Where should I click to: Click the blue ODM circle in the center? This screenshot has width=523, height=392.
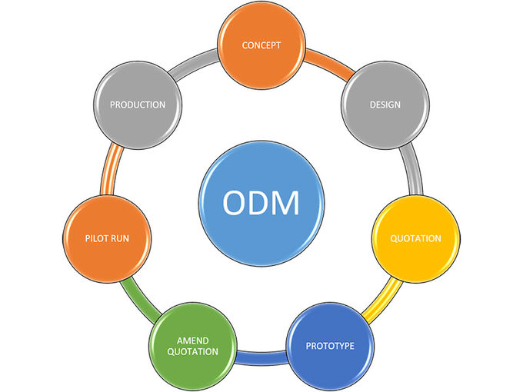261,204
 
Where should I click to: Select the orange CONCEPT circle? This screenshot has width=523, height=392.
261,45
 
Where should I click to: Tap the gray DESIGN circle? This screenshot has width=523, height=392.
385,105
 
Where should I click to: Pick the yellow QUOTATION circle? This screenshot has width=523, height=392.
416,238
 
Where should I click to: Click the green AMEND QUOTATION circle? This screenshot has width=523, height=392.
192,346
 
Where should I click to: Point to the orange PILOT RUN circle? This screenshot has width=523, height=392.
107,238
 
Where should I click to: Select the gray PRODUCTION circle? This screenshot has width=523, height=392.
138,105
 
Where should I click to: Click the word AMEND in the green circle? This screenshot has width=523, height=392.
192,340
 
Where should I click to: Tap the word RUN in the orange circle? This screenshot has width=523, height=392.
129,238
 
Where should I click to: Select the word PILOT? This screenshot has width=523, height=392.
98,238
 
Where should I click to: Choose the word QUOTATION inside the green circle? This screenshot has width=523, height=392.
192,352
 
